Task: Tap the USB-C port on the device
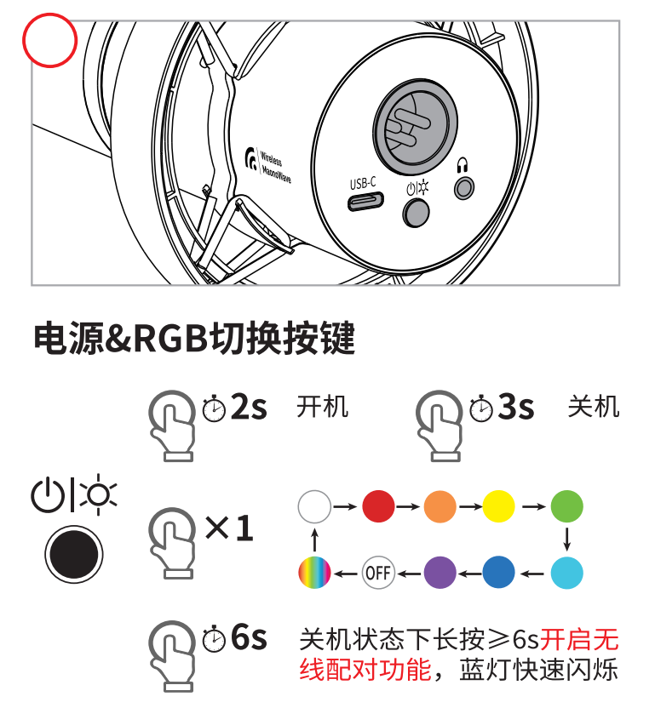pos(365,202)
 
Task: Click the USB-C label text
pos(363,183)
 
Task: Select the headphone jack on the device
pos(464,188)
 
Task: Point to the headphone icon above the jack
pos(462,165)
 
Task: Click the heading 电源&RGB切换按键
pos(194,338)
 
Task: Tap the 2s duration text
pos(249,407)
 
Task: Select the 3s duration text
pos(516,407)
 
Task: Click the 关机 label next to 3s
pos(593,407)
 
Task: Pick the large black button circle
pos(74,554)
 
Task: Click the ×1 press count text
pos(229,528)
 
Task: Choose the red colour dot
pos(378,506)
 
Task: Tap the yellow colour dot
pos(498,506)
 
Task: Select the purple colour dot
pos(440,573)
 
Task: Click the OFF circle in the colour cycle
pos(378,573)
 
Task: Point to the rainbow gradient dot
pos(314,573)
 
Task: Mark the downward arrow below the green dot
pos(567,540)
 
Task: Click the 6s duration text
pos(249,637)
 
